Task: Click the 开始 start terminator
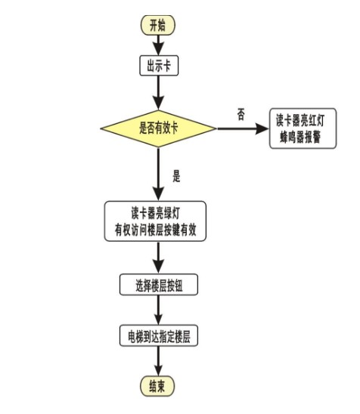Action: tap(157, 25)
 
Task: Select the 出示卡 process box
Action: tap(157, 66)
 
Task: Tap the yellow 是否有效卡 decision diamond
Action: tap(158, 128)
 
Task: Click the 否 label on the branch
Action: tap(241, 114)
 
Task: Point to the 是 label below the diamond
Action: tap(177, 178)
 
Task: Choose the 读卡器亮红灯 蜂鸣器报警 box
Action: tap(303, 128)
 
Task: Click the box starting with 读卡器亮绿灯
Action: tap(155, 221)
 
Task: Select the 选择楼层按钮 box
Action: tap(158, 285)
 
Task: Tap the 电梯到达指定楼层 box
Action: tap(158, 335)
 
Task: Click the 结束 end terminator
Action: tap(157, 386)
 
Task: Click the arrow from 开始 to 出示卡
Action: tap(157, 45)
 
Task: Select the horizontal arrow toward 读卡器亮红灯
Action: tap(244, 128)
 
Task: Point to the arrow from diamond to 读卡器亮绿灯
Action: tap(157, 174)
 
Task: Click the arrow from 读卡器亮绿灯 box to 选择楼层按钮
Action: tap(157, 258)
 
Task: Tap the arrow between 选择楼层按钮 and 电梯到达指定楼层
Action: tap(157, 310)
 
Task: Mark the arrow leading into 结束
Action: tap(157, 361)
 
